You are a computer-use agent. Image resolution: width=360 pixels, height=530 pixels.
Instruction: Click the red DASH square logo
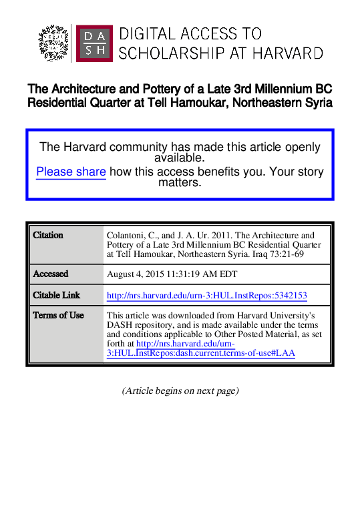pos(94,43)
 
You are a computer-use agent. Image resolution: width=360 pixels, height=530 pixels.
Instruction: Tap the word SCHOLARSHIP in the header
pos(176,53)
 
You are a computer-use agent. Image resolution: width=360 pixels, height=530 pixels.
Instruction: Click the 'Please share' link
pos(71,172)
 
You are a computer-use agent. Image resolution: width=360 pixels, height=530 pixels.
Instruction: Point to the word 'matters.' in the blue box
pos(179,182)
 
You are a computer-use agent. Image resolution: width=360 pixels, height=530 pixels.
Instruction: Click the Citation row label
pos(48,236)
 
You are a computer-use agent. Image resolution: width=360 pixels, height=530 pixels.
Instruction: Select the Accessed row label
pos(51,274)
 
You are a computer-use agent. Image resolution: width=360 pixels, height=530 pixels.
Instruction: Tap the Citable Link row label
pos(57,295)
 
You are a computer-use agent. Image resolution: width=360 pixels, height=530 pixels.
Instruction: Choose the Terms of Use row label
pos(58,315)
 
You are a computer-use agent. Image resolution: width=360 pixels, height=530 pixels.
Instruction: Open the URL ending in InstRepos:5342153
pos(207,295)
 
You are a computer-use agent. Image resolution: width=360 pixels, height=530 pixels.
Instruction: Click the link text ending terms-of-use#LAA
pos(200,353)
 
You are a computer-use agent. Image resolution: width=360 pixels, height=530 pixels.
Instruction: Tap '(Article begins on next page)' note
pos(180,390)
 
